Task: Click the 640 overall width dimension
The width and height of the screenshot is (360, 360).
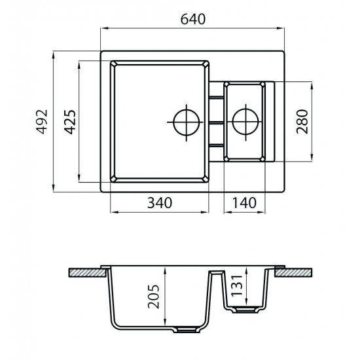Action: click(x=193, y=19)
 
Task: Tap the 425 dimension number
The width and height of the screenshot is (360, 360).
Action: click(x=70, y=121)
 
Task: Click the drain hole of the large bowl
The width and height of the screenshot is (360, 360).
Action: click(x=185, y=122)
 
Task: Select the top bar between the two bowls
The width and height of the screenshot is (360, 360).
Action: click(x=215, y=99)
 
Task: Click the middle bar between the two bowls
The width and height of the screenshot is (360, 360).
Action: click(x=215, y=122)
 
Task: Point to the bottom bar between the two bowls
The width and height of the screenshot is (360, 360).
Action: click(x=215, y=145)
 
